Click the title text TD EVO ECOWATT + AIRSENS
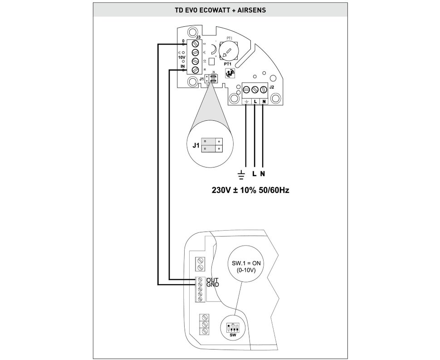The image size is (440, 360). (x=220, y=9)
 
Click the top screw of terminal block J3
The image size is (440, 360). (x=196, y=44)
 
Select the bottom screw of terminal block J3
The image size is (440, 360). (x=196, y=70)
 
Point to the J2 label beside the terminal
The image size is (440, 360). (x=271, y=86)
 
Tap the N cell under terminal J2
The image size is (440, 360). (x=264, y=102)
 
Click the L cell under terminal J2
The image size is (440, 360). (x=255, y=102)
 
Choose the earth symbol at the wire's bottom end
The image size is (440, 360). (x=241, y=174)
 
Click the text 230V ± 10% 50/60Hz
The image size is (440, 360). (x=250, y=190)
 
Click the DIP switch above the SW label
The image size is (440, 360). (x=234, y=326)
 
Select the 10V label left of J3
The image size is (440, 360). (x=181, y=58)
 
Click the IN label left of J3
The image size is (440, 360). (x=182, y=67)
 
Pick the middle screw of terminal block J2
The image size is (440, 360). (x=255, y=89)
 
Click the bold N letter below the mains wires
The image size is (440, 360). (x=263, y=174)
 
